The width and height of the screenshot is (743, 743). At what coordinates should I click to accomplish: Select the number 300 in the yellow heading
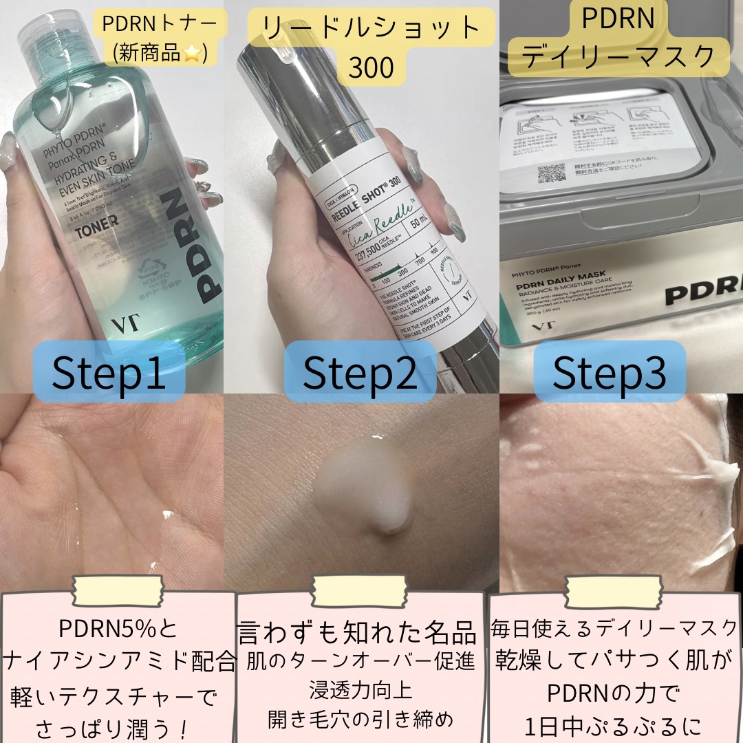[x=371, y=67]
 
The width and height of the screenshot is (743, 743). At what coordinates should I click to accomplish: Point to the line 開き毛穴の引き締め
[x=360, y=718]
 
